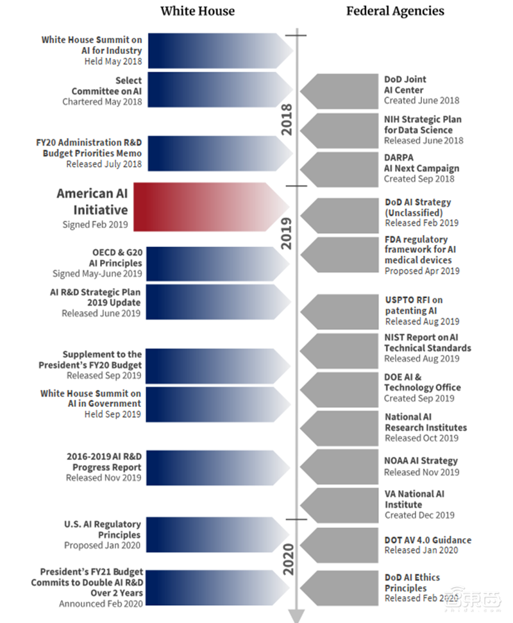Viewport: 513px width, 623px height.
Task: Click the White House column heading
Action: coord(198,11)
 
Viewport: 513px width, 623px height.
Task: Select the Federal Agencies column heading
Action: coord(395,11)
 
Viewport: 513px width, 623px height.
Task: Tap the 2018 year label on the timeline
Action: coord(287,119)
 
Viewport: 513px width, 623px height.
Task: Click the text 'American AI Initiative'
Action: coord(92,201)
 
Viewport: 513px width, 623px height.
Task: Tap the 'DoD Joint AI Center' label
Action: coord(405,85)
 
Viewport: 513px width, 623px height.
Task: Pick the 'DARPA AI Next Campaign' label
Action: coord(421,163)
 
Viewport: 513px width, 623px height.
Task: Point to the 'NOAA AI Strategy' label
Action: coord(421,461)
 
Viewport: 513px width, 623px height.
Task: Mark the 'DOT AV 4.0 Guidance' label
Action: coord(428,540)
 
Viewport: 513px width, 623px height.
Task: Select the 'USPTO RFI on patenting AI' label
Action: coord(414,305)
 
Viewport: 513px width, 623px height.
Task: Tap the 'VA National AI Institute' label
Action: coord(414,499)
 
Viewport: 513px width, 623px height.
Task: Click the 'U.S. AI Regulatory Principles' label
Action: coord(105,530)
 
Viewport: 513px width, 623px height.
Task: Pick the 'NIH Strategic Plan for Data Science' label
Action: coord(423,124)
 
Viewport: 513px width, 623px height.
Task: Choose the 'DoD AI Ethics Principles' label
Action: coord(412,583)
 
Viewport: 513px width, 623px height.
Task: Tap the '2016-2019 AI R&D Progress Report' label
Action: coord(104,461)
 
